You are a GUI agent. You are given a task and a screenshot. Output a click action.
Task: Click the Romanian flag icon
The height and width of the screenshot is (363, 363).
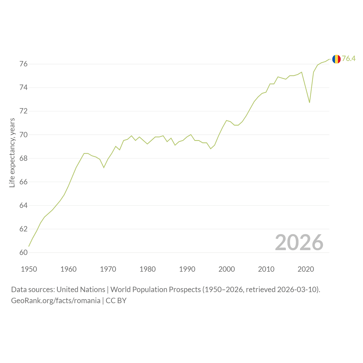coord(336,59)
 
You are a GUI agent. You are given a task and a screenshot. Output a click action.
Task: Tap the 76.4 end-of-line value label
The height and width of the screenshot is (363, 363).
coord(349,59)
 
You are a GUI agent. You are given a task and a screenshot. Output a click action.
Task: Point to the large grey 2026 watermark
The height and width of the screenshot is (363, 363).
coord(299,242)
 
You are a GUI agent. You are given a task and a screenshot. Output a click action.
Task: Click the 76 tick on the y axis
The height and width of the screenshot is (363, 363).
coord(24,64)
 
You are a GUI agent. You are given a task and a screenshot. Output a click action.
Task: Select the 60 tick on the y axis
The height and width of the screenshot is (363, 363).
coord(24,253)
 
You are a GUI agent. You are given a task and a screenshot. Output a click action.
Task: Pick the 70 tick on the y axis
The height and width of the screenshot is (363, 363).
coord(24,135)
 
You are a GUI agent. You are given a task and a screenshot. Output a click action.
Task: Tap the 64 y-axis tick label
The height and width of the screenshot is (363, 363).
coord(24,206)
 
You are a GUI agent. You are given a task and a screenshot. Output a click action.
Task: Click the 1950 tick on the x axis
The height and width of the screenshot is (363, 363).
coord(29,269)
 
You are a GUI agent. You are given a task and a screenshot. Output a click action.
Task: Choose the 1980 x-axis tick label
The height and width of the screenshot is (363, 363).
coord(147,269)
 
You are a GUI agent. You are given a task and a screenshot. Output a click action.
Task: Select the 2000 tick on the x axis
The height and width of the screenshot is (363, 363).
coord(227,269)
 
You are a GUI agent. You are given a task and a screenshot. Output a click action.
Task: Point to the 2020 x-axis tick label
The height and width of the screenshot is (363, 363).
coord(306,269)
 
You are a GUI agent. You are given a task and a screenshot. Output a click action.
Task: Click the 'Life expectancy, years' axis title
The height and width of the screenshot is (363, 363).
coord(12,153)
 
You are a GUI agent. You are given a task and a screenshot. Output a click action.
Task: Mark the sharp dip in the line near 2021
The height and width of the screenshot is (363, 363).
coord(309,102)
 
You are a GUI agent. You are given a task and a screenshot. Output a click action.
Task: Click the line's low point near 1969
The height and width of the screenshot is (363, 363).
coord(104,168)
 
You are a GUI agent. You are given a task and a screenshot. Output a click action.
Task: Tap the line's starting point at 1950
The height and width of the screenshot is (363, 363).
coord(29,246)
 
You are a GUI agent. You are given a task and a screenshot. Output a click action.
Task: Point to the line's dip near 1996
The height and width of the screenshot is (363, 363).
coord(211,149)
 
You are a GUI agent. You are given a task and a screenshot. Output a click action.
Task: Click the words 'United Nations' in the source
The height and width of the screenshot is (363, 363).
coord(81,290)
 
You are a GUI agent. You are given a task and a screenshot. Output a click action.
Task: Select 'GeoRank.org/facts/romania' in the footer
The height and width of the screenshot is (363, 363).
coord(56,301)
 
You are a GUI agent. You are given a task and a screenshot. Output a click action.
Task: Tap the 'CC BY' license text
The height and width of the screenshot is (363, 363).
coord(116,301)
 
